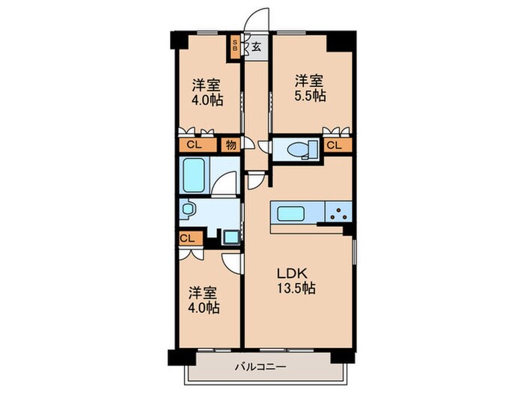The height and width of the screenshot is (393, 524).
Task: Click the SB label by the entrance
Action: [236, 46]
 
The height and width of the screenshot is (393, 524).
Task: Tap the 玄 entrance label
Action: [256, 46]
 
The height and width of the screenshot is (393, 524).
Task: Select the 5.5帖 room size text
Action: [308, 96]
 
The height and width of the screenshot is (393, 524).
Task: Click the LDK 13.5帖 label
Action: [292, 279]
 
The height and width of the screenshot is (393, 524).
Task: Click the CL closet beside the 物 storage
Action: [193, 145]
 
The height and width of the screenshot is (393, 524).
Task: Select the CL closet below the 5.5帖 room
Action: [335, 145]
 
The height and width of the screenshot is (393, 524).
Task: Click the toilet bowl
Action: [302, 150]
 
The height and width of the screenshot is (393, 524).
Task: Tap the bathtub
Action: [195, 174]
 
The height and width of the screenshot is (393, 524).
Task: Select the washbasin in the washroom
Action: [187, 211]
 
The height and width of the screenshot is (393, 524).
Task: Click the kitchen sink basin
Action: [290, 213]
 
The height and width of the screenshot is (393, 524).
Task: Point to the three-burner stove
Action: [338, 213]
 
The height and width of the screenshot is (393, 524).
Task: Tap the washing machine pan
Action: [231, 238]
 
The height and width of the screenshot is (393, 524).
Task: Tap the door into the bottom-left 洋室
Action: [234, 261]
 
